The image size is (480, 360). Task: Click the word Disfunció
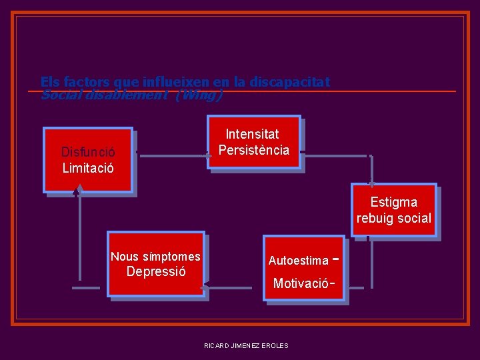88,152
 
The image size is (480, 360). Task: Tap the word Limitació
88,168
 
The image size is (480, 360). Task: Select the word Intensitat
253,134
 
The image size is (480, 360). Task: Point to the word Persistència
254,150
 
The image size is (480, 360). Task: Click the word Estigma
394,202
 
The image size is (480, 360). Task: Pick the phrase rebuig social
394,218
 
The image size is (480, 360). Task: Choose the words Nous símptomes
155,257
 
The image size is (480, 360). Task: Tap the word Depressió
156,272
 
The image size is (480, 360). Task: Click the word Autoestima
299,261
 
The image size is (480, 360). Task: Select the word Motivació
301,283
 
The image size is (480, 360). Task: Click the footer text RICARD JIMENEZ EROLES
247,345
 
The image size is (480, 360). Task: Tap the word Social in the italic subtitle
59,95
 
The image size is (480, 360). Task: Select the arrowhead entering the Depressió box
205,288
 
